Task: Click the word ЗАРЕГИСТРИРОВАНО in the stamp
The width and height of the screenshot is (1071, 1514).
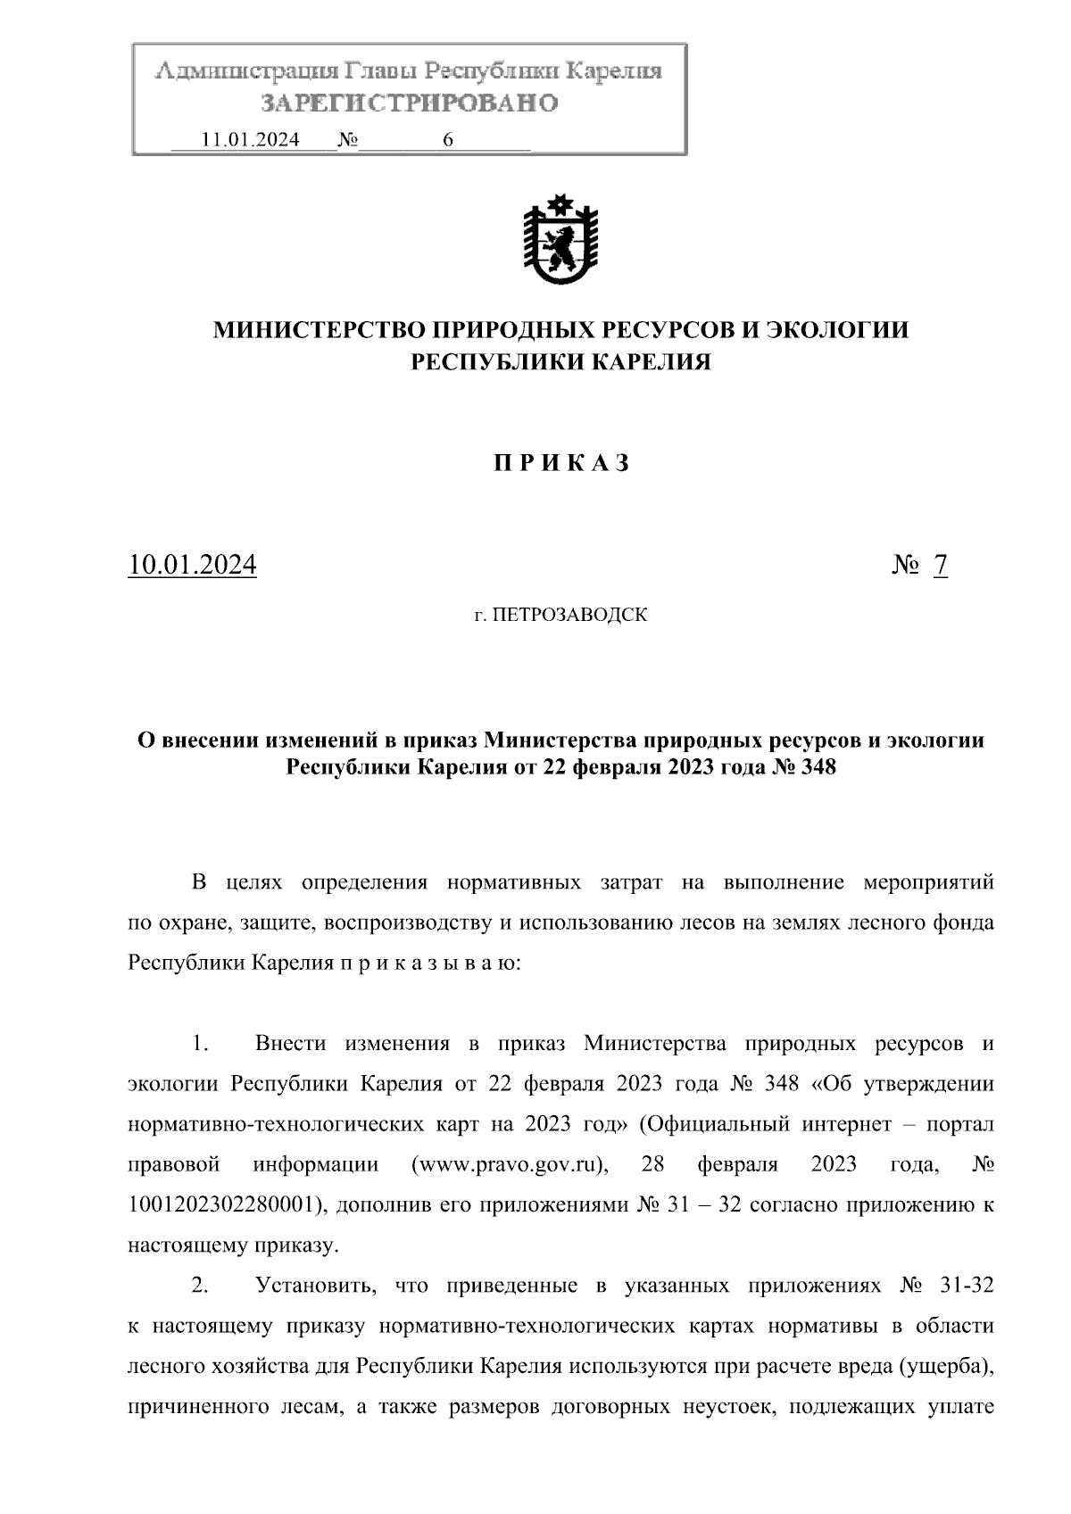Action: pos(409,103)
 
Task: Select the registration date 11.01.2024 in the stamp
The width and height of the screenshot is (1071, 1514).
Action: pos(251,139)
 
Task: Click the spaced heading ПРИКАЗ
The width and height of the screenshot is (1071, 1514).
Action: pos(561,462)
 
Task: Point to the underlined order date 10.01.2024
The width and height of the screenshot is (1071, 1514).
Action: pos(193,565)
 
